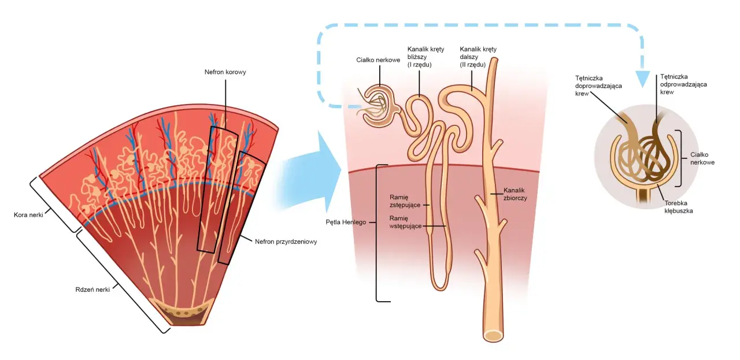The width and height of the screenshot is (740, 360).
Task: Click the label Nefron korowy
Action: click(225, 72)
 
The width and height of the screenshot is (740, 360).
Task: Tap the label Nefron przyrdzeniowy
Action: click(286, 242)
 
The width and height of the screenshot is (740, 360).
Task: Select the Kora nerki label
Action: click(28, 215)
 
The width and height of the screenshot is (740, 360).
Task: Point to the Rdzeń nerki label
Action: click(92, 290)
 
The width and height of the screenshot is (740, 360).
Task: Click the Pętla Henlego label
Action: click(346, 222)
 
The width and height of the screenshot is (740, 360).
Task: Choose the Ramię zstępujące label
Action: click(405, 201)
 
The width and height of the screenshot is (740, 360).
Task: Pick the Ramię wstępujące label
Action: click(405, 222)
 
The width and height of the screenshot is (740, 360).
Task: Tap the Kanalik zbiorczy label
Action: click(515, 194)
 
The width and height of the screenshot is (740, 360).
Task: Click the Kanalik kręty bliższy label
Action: click(425, 57)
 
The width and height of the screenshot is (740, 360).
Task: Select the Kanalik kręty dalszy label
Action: click(478, 57)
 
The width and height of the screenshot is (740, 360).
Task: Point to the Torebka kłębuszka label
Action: click(679, 207)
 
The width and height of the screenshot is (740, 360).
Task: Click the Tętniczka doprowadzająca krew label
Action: click(598, 86)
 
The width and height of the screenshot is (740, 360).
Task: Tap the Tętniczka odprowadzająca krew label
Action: click(683, 84)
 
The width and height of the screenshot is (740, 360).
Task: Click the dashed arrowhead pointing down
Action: click(642, 79)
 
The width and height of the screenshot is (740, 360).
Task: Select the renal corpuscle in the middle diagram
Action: click(380, 106)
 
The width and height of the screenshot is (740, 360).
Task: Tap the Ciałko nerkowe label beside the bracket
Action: click(702, 158)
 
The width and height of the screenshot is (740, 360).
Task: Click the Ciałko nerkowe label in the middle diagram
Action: click(378, 60)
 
